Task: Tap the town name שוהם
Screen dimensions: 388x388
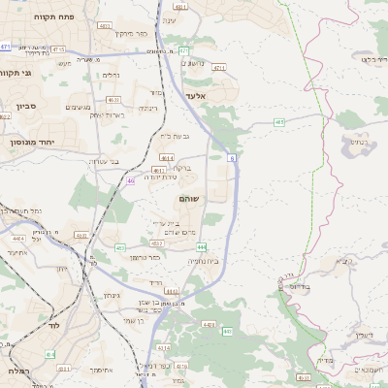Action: click(190, 198)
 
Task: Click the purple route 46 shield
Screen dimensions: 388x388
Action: click(130, 180)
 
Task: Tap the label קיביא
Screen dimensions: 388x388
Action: click(343, 260)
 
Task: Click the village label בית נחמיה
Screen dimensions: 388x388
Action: click(203, 262)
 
